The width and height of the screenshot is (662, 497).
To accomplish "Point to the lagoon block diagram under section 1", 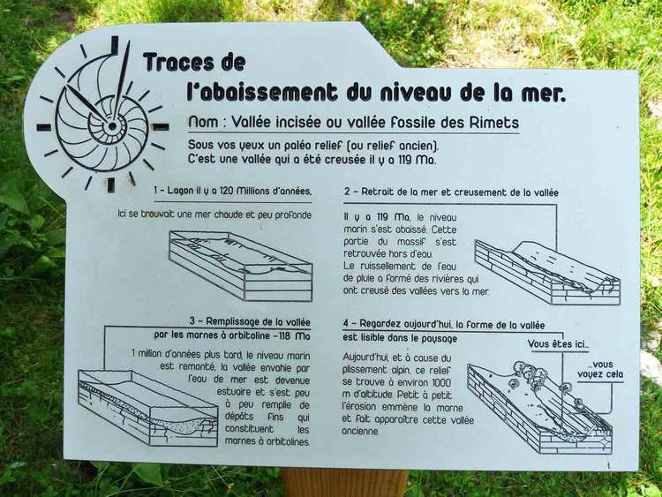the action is click(x=241, y=265).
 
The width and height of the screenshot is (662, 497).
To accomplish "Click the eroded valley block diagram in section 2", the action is click(x=547, y=273).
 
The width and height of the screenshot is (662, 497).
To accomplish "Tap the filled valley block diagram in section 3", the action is click(x=147, y=408).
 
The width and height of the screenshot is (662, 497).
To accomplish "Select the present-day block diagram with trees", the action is click(x=540, y=407).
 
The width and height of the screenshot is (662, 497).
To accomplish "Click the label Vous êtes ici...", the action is click(x=558, y=344).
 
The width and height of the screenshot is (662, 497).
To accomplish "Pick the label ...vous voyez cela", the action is click(x=600, y=370).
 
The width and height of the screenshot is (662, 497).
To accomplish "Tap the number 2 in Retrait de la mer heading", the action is click(x=347, y=192).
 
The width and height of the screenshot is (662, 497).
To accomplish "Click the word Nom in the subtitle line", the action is click(x=204, y=122).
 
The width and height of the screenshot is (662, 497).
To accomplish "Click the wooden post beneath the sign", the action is click(x=345, y=483).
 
